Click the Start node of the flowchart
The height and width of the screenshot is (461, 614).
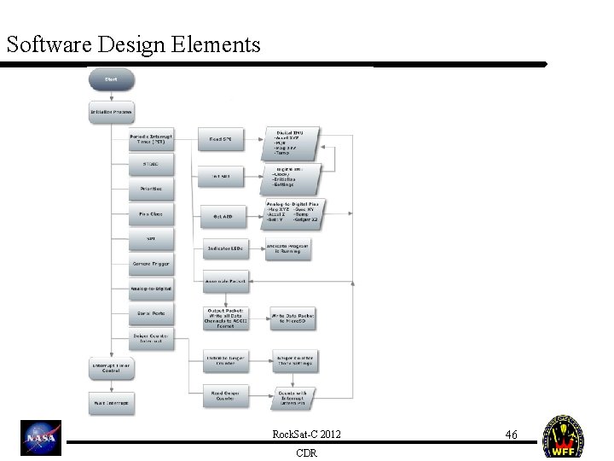(111, 79)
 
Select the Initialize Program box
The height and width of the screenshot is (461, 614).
(111, 112)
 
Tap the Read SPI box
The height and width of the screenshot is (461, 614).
(221, 137)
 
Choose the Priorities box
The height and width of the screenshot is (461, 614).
(151, 188)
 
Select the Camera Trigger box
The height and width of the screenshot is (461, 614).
(151, 264)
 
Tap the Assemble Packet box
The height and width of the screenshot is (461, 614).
(224, 280)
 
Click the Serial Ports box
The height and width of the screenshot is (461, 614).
(151, 314)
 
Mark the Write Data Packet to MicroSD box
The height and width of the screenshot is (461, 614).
(293, 318)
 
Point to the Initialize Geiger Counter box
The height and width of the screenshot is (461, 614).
(224, 360)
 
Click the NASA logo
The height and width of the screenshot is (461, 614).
(41, 438)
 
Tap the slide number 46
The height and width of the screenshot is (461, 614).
(511, 435)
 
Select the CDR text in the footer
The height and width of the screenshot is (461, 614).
(306, 453)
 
